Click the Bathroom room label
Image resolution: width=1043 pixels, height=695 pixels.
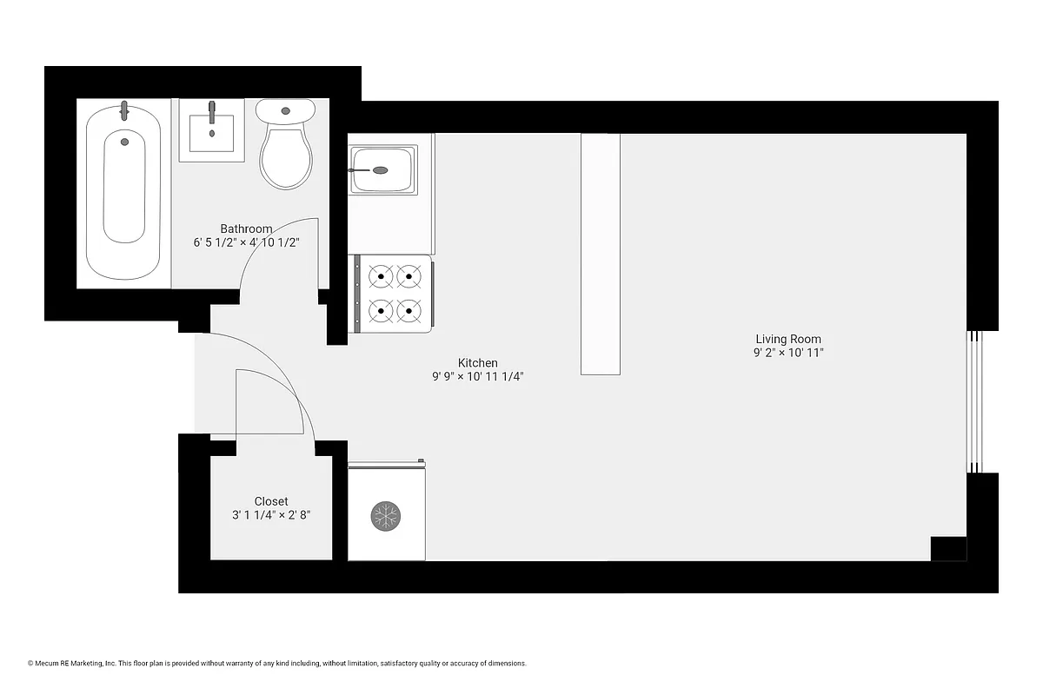(x=246, y=229)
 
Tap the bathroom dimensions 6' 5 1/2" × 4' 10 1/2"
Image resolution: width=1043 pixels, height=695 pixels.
(x=246, y=243)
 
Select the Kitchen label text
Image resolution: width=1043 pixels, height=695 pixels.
(x=478, y=363)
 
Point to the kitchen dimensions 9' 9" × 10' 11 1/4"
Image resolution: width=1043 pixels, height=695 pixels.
(x=478, y=377)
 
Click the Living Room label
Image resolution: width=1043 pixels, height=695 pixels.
(x=788, y=339)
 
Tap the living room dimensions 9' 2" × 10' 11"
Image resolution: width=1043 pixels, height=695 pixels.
(x=788, y=353)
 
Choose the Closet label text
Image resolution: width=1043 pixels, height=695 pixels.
(x=271, y=501)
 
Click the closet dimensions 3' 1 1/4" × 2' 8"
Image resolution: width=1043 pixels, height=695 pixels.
(x=271, y=515)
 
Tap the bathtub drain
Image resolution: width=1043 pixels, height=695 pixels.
(x=124, y=142)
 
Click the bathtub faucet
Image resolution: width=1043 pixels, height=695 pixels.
(x=124, y=110)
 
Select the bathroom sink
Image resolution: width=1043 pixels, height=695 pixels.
(x=211, y=130)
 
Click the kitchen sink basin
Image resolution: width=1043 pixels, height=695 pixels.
(x=382, y=169)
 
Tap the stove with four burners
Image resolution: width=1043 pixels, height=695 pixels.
(x=394, y=293)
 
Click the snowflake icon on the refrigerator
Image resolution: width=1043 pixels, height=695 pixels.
(x=385, y=516)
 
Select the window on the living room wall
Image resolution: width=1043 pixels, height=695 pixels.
(x=975, y=401)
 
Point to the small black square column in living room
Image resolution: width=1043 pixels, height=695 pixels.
(x=948, y=549)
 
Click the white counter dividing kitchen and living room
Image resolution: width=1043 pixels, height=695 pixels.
(x=601, y=254)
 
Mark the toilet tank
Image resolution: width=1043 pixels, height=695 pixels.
(x=285, y=111)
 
